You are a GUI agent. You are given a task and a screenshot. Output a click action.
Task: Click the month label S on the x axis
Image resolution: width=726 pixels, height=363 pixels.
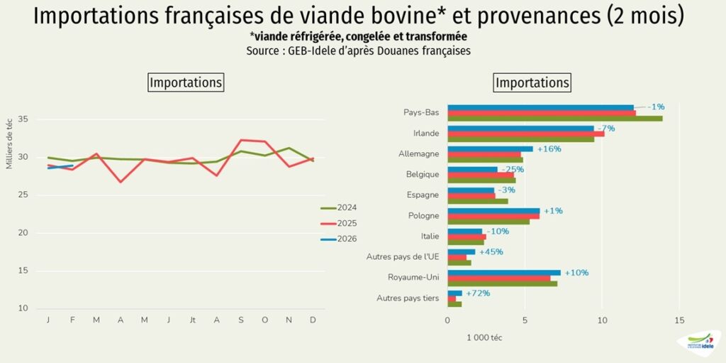(241, 320)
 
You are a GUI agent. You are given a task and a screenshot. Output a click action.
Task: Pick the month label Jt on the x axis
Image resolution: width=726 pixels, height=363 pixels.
(192, 320)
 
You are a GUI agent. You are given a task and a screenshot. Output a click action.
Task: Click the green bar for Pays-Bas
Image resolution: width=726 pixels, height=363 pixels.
(554, 118)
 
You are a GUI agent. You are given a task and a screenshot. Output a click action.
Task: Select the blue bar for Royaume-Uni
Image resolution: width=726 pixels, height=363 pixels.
(503, 273)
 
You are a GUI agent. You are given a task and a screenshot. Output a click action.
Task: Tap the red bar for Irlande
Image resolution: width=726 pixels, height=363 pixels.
(525, 134)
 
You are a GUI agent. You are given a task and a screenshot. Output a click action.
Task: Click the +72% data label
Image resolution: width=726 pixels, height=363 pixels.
(478, 293)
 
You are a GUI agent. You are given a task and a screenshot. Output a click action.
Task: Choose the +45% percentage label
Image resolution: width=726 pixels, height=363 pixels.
(491, 251)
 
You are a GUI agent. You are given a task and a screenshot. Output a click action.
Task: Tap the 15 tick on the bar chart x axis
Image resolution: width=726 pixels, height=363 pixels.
(679, 320)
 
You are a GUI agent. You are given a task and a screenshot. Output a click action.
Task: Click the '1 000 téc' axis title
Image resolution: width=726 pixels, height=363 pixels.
(484, 338)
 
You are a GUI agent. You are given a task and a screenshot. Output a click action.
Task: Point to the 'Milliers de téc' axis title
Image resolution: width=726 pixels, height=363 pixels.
(10, 142)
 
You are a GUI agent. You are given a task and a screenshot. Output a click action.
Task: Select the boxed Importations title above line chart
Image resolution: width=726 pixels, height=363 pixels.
(186, 82)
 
